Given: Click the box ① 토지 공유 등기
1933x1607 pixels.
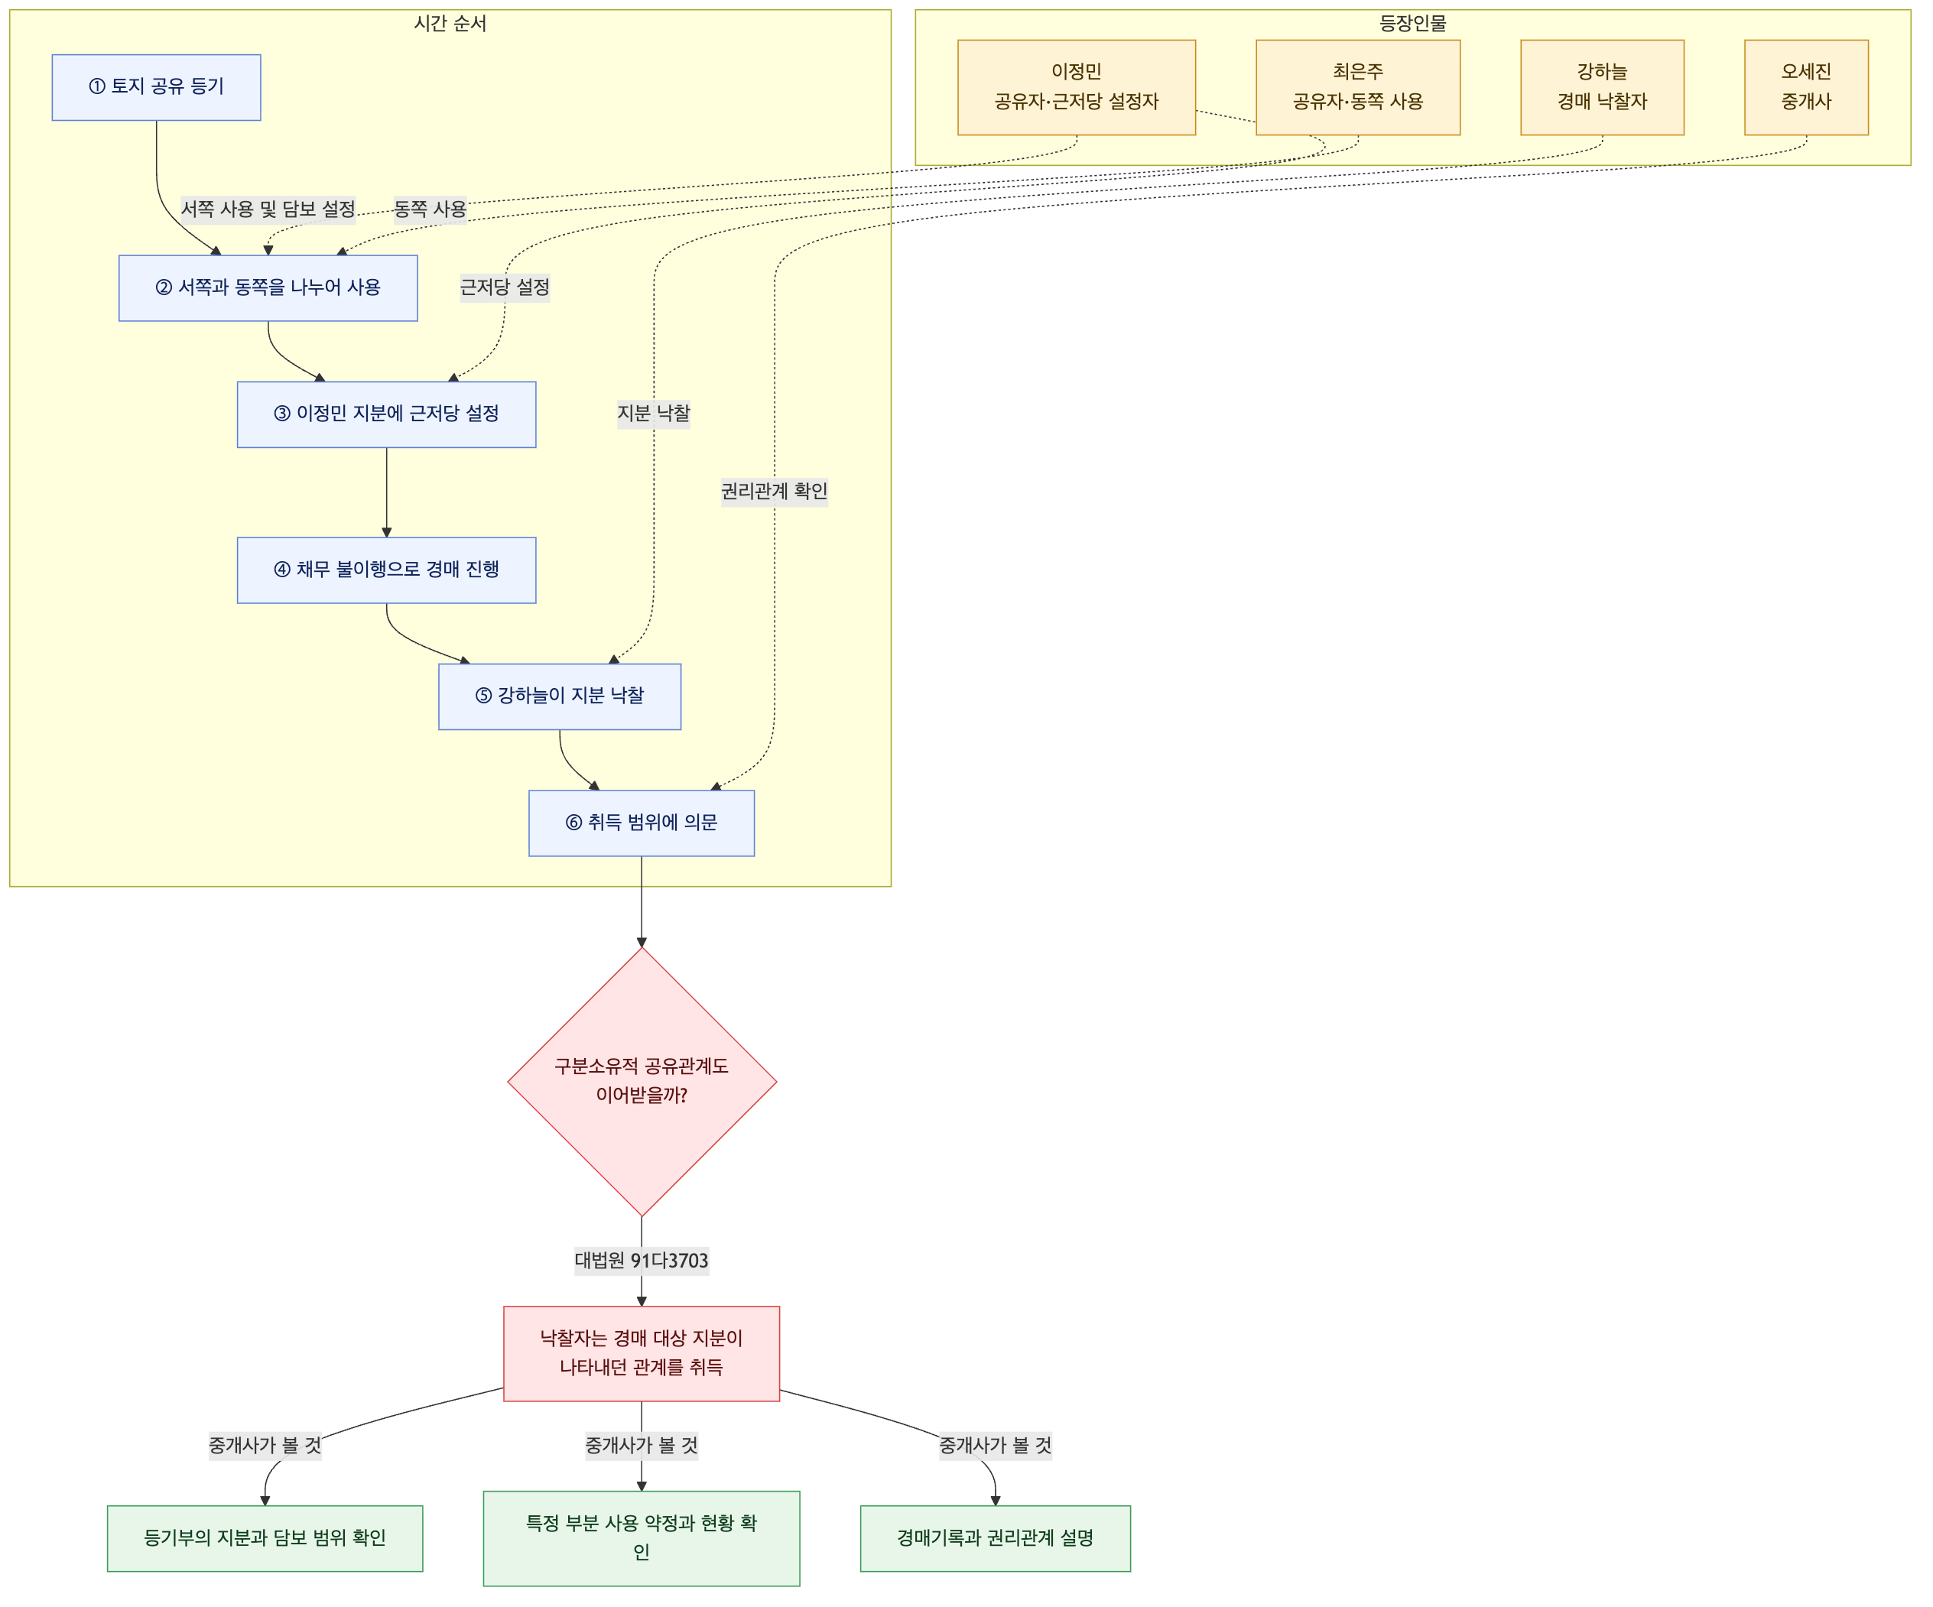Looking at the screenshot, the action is click(157, 87).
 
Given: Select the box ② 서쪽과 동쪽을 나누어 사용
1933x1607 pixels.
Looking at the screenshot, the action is click(268, 288).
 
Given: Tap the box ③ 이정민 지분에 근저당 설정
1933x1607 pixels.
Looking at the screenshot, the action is click(387, 415).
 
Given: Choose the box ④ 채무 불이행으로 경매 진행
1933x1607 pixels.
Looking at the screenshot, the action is click(387, 570).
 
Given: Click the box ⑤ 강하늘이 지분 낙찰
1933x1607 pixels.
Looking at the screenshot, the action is click(560, 696).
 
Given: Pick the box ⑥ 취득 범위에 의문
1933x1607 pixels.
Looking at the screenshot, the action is click(642, 823).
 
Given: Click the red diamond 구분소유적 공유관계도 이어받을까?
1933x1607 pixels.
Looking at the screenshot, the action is click(642, 1082).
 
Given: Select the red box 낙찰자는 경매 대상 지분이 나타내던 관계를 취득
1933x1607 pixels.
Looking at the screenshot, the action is click(642, 1354).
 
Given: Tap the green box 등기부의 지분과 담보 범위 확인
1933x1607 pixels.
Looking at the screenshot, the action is click(265, 1539).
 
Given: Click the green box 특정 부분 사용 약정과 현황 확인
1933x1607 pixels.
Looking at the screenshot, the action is click(642, 1539).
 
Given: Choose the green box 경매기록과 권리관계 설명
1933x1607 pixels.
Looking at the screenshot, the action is click(995, 1539).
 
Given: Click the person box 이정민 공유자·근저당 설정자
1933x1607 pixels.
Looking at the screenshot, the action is click(1077, 87).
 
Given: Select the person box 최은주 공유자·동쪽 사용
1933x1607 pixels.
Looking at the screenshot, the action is click(1358, 87).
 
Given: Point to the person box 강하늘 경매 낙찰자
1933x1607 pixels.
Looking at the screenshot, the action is click(1603, 87).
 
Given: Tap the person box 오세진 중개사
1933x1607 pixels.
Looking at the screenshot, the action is click(1807, 87).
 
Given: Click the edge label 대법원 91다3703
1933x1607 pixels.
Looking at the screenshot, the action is click(642, 1261).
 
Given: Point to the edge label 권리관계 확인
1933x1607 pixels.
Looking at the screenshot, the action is click(774, 492).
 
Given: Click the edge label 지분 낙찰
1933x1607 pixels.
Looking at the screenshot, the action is click(654, 414).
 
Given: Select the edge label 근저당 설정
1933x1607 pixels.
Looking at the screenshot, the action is click(505, 287).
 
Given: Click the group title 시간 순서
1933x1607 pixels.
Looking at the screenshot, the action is click(450, 23).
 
